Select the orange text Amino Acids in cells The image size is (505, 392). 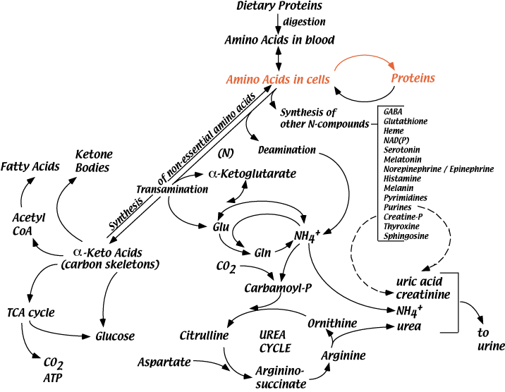pos(277,80)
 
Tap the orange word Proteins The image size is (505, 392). pos(413,78)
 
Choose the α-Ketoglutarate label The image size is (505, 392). pos(253,173)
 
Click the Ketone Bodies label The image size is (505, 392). pos(94,161)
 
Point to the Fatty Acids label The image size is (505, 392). pos(29,166)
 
